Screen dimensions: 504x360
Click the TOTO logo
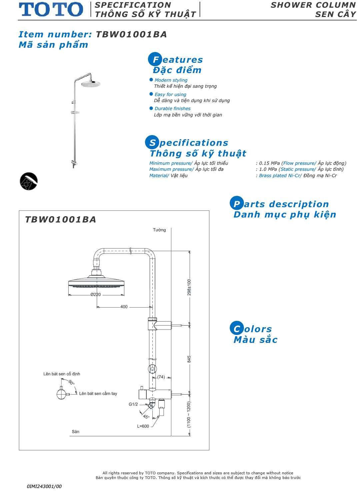point(51,9)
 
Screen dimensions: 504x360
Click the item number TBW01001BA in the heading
point(131,34)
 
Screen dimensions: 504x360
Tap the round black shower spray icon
point(29,181)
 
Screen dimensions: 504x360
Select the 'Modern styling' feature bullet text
point(171,80)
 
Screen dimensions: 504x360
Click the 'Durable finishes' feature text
point(172,108)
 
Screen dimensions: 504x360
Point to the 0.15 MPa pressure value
point(269,163)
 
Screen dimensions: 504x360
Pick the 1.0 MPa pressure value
point(268,169)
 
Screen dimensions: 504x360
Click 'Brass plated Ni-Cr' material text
point(280,175)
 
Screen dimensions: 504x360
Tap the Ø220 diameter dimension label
point(96,295)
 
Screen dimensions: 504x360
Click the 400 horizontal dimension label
point(124,307)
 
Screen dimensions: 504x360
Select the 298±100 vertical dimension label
point(189,287)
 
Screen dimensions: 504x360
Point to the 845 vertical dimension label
point(189,359)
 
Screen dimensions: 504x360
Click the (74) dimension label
point(161,377)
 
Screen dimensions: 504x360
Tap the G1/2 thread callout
point(133,404)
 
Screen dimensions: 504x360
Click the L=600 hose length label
point(143,426)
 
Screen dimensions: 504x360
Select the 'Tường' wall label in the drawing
point(159,230)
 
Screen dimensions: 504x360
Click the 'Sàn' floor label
point(76,432)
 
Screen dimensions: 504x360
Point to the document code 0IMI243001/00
point(44,486)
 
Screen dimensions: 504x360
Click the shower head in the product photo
point(90,84)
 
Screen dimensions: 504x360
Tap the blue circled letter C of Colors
point(237,329)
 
